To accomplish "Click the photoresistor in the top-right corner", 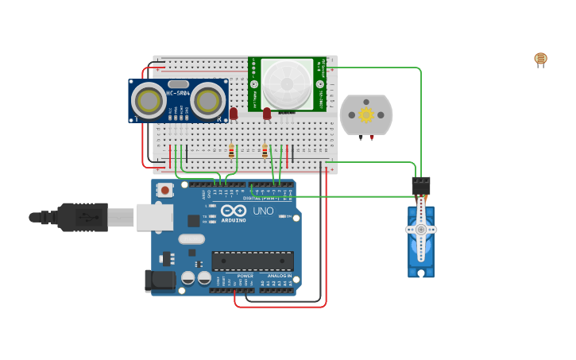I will [540, 59].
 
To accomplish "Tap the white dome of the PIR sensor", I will [288, 83].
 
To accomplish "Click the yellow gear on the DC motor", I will [366, 114].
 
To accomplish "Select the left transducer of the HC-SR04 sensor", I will [149, 101].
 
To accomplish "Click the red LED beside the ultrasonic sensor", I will [234, 114].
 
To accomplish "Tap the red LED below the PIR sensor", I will [267, 114].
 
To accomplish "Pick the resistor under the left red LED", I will [231, 150].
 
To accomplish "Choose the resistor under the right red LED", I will [265, 150].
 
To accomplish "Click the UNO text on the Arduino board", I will [263, 211].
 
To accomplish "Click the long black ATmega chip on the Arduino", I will [252, 261].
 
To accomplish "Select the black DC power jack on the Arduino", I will [160, 280].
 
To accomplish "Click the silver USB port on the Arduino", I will [154, 217].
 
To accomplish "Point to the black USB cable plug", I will [83, 217].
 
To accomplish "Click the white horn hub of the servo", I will [420, 230].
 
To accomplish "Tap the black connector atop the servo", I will [421, 185].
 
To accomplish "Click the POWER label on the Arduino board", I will [245, 276].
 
